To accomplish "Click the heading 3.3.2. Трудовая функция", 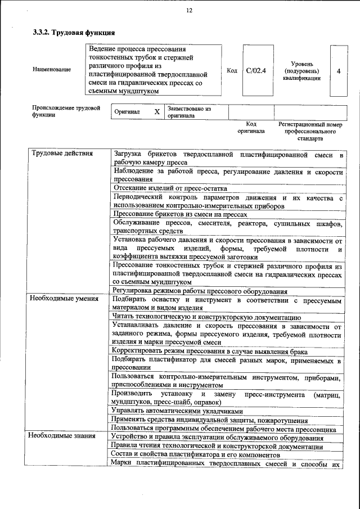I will [x=70, y=33].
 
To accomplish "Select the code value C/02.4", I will [x=256, y=71].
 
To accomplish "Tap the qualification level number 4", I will [x=338, y=71].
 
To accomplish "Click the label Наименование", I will [x=52, y=69].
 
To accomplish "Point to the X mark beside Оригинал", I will [x=157, y=112].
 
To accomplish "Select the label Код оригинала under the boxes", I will [x=251, y=128].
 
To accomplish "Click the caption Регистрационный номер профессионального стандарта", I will [x=310, y=131].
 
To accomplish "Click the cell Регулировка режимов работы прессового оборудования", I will [x=200, y=291].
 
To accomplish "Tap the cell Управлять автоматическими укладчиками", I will [x=173, y=410].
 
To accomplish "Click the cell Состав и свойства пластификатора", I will [x=195, y=454].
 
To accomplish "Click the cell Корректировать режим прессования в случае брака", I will [x=209, y=352].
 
